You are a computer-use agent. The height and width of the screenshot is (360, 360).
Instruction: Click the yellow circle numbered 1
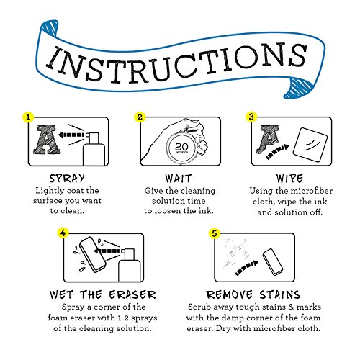tap(28, 117)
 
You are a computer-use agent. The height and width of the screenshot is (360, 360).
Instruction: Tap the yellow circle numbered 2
tap(140, 117)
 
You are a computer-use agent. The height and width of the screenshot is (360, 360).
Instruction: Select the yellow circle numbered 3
tap(251, 117)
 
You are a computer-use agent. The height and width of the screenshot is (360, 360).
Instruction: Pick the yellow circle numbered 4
tap(63, 233)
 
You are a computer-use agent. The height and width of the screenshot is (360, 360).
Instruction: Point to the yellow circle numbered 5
tap(215, 233)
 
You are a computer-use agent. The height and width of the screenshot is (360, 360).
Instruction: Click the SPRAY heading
tap(67, 179)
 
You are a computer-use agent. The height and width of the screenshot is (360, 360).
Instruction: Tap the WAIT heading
tap(179, 179)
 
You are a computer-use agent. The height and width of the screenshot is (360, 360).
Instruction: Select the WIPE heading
tap(289, 179)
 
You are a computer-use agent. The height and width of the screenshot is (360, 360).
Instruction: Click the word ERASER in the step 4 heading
tap(132, 294)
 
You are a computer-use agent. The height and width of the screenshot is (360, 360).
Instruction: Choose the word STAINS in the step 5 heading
tap(279, 294)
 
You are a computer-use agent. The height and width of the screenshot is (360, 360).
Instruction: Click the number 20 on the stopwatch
tap(181, 147)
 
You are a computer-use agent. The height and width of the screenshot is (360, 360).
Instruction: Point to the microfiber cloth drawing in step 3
tap(310, 145)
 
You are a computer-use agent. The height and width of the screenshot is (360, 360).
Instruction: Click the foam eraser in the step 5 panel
tap(273, 261)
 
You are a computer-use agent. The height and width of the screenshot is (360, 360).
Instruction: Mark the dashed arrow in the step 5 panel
tap(246, 268)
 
